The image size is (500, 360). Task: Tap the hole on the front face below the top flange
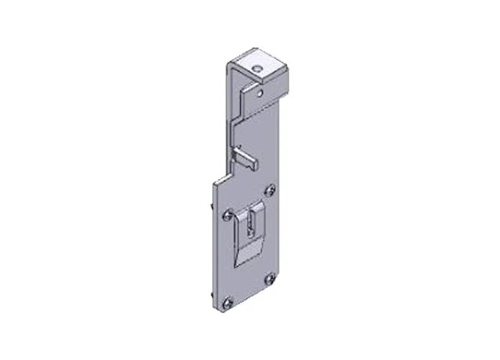tap(259, 91)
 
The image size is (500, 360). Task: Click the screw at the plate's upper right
tap(269, 190)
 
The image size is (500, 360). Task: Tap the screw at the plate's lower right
tap(269, 279)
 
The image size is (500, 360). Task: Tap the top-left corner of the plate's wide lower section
tap(215, 184)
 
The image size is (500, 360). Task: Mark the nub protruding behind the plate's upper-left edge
tap(213, 208)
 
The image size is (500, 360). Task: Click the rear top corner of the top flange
tap(251, 50)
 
